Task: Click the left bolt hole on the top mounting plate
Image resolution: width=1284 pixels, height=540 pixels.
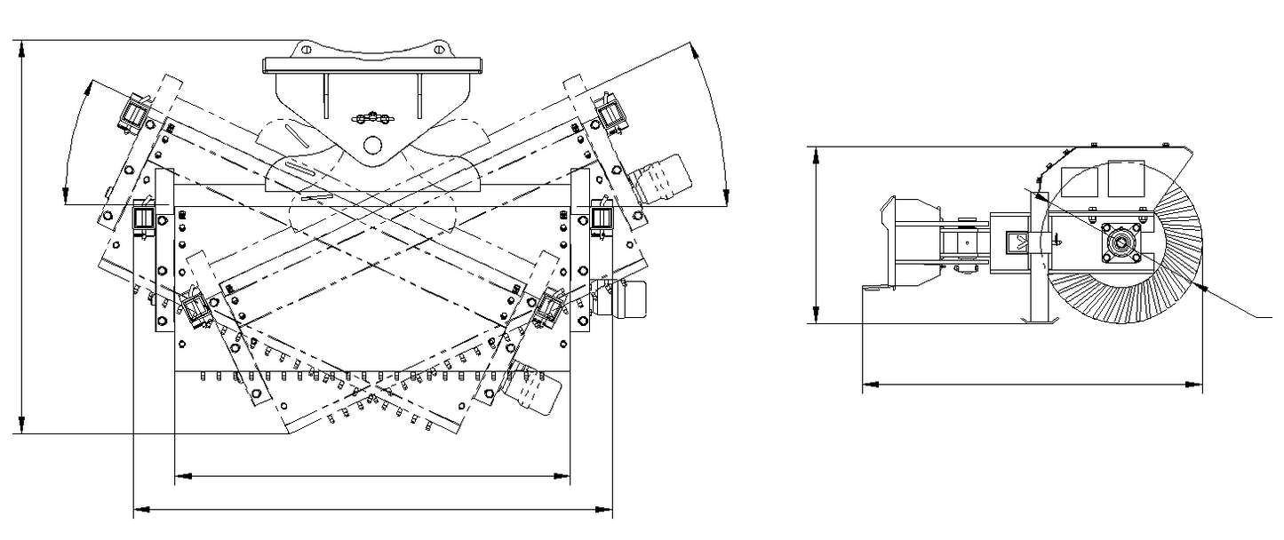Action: click(x=307, y=50)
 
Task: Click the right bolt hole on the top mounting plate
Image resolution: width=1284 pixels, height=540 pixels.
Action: click(x=438, y=50)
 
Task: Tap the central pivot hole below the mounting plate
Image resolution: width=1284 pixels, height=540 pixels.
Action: click(x=372, y=143)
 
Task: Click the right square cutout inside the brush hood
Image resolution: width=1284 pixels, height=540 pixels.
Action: click(x=1126, y=180)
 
